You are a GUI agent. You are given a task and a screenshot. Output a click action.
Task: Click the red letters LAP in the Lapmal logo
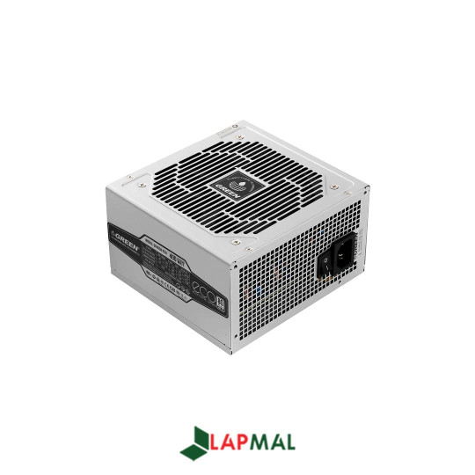[x=229, y=443]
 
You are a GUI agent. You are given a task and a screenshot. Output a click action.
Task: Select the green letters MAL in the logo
[x=274, y=443]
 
